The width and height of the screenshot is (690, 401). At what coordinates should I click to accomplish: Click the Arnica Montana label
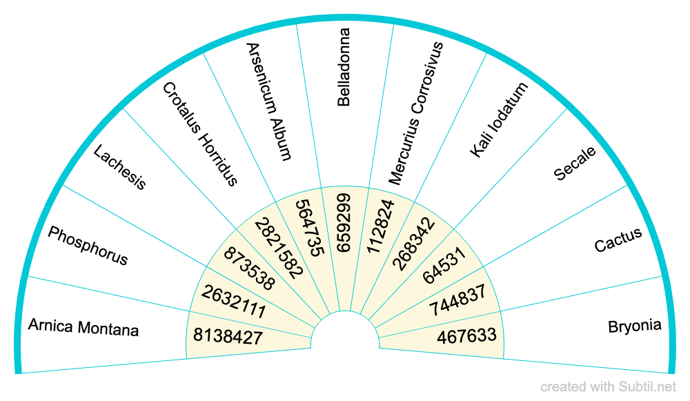[83, 326]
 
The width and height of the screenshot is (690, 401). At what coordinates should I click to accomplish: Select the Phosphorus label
[88, 246]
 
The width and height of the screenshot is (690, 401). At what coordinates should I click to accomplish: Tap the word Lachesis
[120, 167]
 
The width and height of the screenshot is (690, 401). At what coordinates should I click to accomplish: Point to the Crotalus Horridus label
[200, 134]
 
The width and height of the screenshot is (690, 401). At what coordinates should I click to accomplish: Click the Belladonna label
[344, 67]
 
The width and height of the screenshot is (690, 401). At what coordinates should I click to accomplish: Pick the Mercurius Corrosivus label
[415, 113]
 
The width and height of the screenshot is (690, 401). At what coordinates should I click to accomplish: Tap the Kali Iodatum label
[498, 119]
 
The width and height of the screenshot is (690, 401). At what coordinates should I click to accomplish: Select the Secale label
[575, 164]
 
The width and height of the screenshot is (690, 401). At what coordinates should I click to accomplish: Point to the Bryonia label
[635, 326]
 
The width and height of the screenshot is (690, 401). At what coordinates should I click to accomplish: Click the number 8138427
[228, 337]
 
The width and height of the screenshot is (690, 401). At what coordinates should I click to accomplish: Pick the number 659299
[344, 222]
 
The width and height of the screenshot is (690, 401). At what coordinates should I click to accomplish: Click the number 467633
[466, 336]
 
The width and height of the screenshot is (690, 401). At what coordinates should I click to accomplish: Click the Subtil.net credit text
[608, 387]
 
